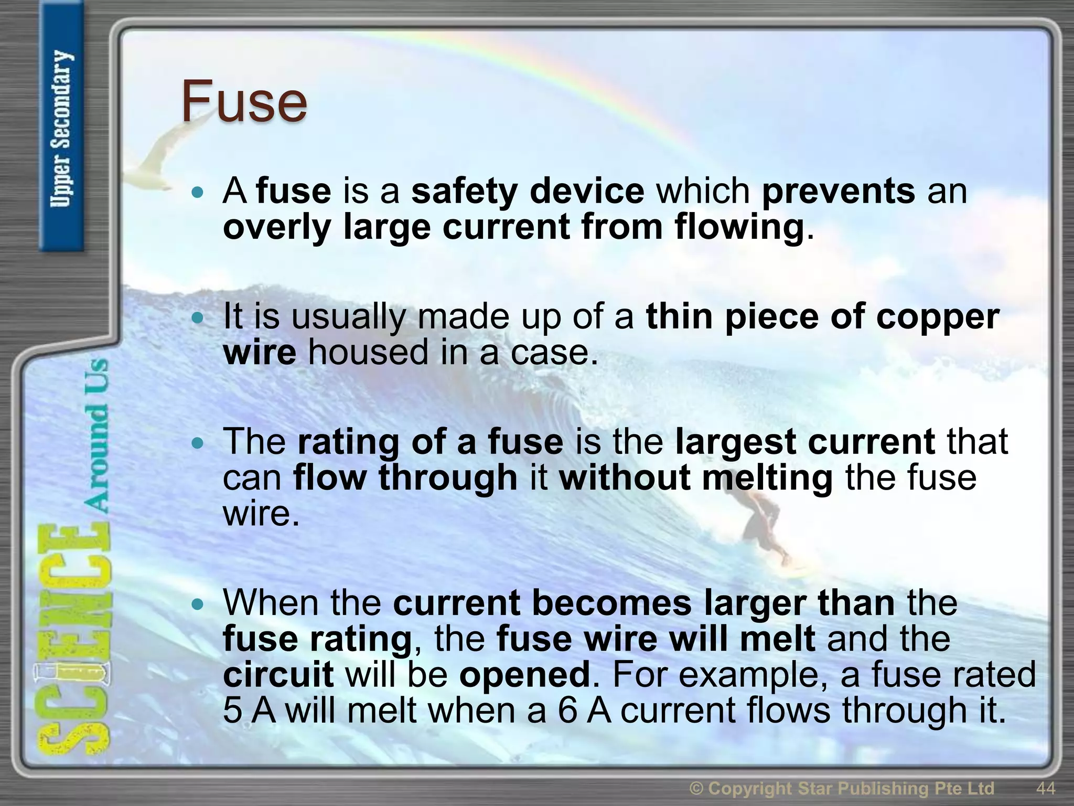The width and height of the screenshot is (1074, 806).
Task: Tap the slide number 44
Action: coord(1046,788)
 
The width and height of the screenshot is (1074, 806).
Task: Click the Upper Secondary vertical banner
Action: coord(61,129)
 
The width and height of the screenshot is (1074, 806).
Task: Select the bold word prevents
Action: coord(839,191)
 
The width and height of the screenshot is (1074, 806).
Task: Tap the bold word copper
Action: coord(938,317)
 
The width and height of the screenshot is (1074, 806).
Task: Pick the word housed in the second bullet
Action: coord(368,352)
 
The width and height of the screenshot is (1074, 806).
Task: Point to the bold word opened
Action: coord(525,675)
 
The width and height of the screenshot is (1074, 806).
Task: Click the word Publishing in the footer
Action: coord(888,788)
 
